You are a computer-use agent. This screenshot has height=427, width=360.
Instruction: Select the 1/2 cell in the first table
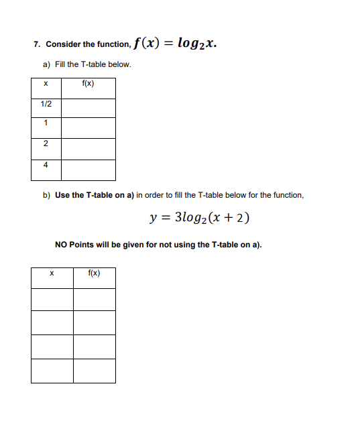click(x=46, y=105)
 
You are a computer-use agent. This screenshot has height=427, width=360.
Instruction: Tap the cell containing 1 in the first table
click(x=46, y=124)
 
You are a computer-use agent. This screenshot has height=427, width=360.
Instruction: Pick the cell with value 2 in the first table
click(x=46, y=144)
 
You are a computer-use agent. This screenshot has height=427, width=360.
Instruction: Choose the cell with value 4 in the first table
click(x=46, y=165)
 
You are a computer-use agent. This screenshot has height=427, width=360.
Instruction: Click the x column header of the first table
click(x=46, y=84)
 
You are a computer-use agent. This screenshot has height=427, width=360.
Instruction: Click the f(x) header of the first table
click(x=88, y=84)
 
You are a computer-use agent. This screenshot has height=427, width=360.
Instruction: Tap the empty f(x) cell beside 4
click(x=88, y=170)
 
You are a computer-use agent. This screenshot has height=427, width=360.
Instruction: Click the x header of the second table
click(x=52, y=273)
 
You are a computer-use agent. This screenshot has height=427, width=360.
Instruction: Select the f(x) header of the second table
click(x=95, y=273)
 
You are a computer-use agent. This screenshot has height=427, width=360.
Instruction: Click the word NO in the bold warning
click(x=60, y=245)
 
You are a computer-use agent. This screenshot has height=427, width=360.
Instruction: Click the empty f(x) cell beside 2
click(x=88, y=149)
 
